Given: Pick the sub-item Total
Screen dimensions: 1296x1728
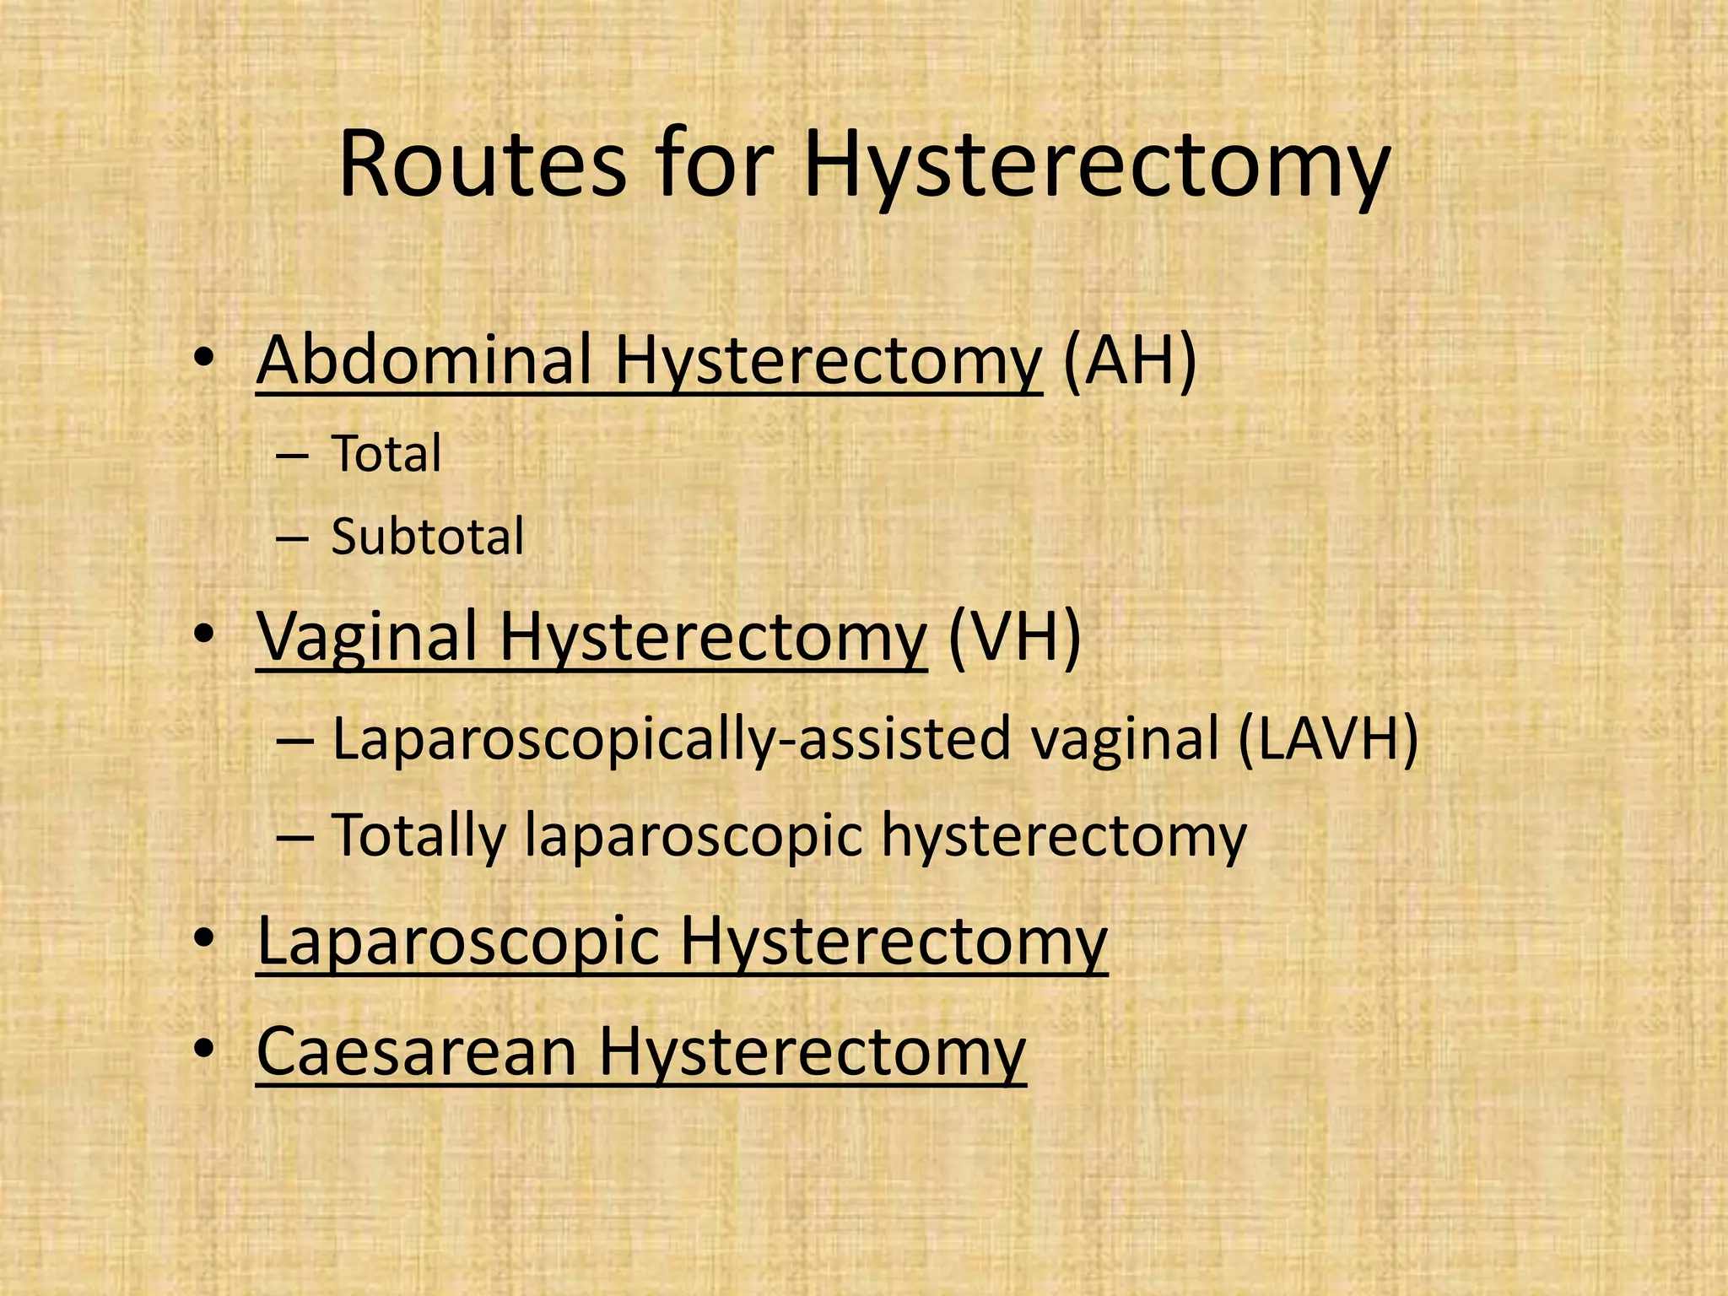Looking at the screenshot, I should tap(386, 454).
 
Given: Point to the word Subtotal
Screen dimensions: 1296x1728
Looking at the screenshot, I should tap(427, 537).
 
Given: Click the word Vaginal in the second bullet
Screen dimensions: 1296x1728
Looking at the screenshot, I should tap(367, 637).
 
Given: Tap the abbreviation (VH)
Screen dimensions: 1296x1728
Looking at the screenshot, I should tap(1013, 637).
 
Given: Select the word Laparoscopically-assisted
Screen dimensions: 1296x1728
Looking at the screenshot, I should tap(671, 739).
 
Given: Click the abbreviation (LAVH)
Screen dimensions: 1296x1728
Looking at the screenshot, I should tap(1328, 739).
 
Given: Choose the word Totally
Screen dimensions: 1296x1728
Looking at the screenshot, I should tap(418, 835).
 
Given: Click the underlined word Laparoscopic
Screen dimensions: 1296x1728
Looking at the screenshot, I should tap(457, 941).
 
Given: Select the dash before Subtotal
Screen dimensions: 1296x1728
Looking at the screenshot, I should tap(292, 538).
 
